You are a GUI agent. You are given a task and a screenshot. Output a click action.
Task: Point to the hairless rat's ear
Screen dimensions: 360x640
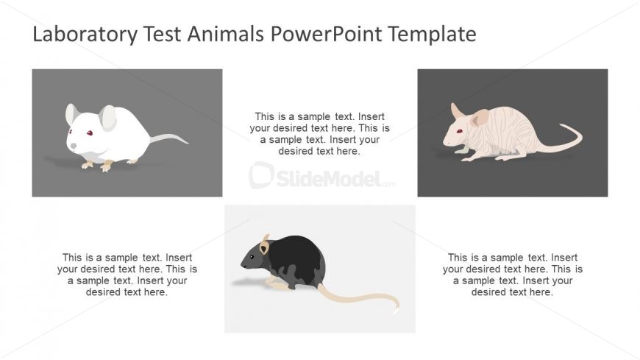point(480,118)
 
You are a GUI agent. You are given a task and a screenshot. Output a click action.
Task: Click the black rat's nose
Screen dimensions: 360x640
point(242,264)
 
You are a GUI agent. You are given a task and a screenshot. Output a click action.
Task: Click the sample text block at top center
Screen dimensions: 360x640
point(319,133)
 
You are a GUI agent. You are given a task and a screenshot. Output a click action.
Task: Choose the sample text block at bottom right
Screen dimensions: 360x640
point(512,275)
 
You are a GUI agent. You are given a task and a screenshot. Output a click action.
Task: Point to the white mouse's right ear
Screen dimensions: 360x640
point(108,118)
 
